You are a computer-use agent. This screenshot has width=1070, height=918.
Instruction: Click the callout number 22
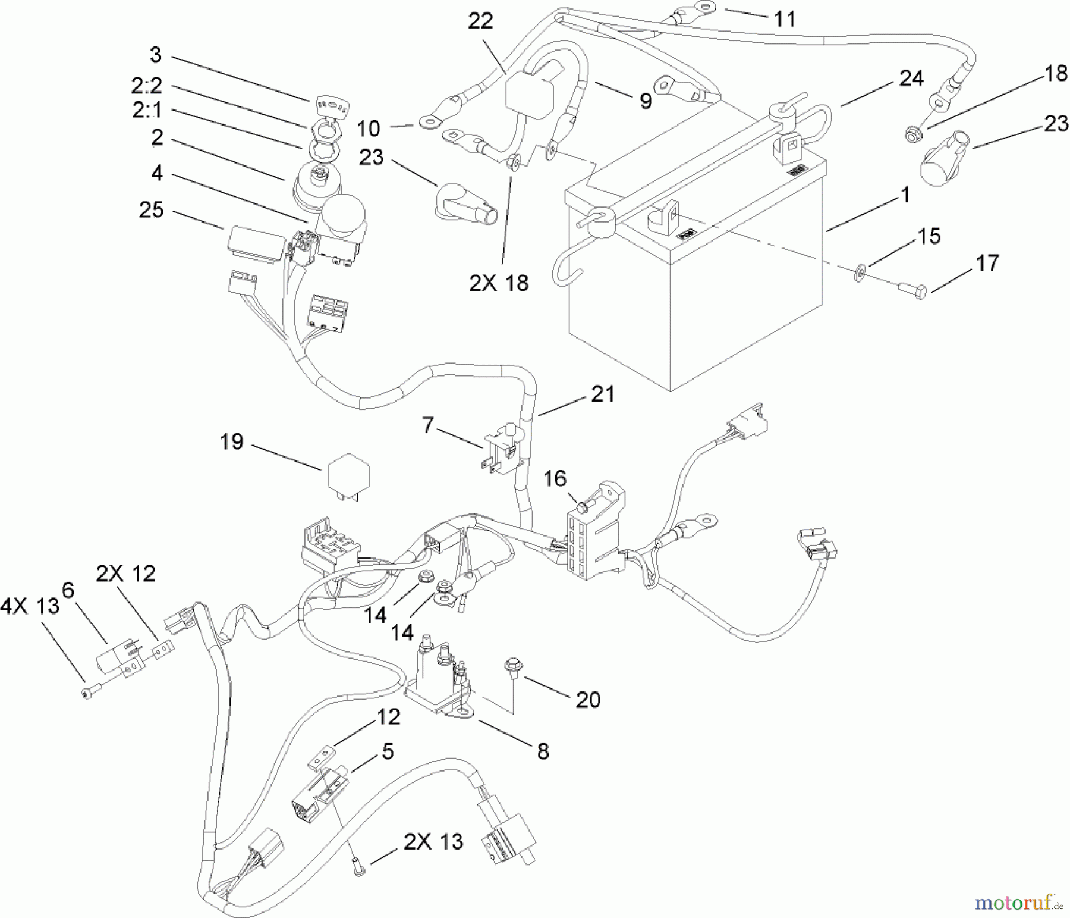coord(480,21)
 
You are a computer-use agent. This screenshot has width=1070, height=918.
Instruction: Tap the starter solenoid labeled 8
coord(439,678)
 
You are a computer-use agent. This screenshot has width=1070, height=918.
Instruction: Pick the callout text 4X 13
coord(30,607)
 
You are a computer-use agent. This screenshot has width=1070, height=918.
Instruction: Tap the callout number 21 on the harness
coord(602,394)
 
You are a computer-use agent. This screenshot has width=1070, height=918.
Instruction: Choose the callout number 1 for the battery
coord(905,195)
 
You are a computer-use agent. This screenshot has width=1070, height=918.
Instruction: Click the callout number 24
coord(911,78)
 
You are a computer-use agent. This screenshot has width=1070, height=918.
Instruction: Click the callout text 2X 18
coord(498,283)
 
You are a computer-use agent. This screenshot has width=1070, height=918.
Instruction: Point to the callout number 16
coord(555,478)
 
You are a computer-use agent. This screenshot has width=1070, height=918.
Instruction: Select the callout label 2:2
coord(146,86)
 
